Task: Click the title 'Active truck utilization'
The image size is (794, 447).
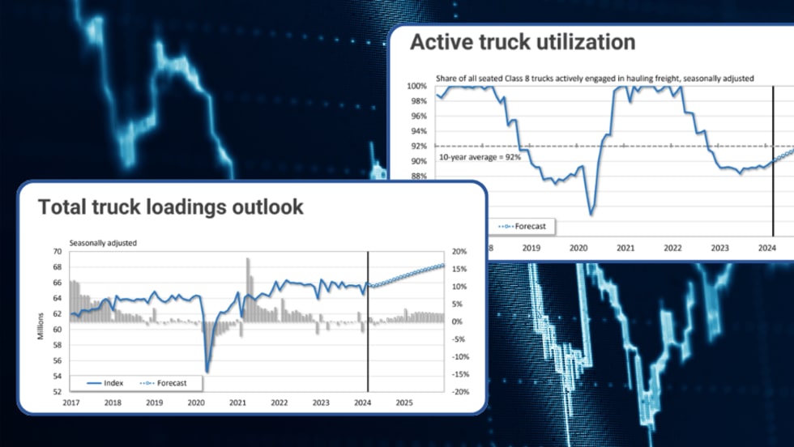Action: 522,42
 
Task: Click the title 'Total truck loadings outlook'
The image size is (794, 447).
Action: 171,206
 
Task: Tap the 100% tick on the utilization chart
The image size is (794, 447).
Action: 417,86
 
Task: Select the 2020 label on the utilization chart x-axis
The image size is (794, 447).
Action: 578,249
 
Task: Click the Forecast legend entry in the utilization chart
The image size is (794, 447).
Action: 524,226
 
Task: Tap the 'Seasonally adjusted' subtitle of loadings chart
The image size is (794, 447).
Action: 103,242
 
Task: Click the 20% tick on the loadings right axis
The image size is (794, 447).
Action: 459,251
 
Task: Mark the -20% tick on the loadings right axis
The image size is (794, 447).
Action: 459,392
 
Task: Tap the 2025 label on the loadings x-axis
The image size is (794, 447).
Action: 405,402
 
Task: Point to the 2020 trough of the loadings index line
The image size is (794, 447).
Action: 207,372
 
